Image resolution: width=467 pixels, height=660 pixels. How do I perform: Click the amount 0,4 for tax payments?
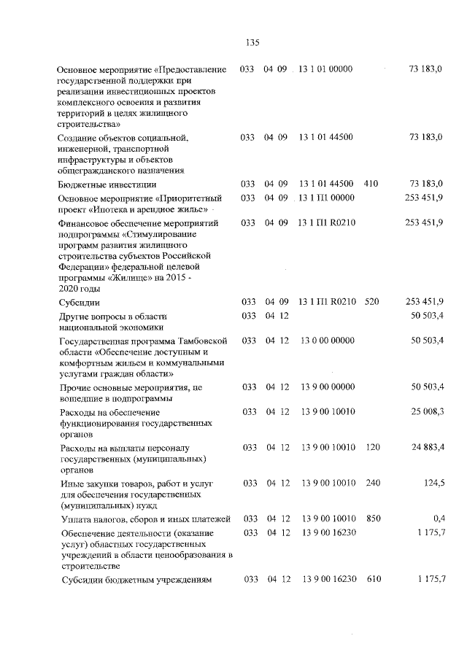click(x=436, y=518)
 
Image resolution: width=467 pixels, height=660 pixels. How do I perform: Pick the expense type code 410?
click(x=370, y=184)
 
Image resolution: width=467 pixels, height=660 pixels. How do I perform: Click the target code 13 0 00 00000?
click(x=326, y=341)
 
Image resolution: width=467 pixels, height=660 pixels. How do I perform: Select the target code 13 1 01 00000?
click(x=326, y=69)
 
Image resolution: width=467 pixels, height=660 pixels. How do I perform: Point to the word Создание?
click(x=78, y=137)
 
